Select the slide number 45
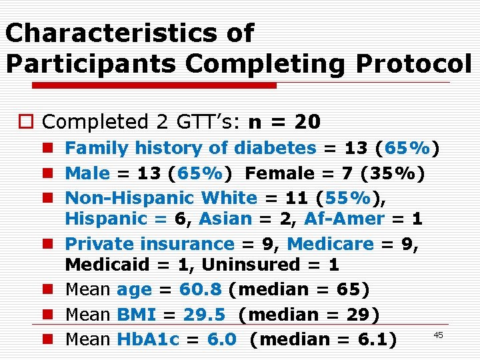(438, 335)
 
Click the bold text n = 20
(284, 122)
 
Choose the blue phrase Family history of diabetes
(190, 148)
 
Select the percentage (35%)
(392, 173)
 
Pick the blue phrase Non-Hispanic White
(161, 198)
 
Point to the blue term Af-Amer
(344, 219)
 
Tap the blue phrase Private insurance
(149, 244)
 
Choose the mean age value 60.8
(203, 290)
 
